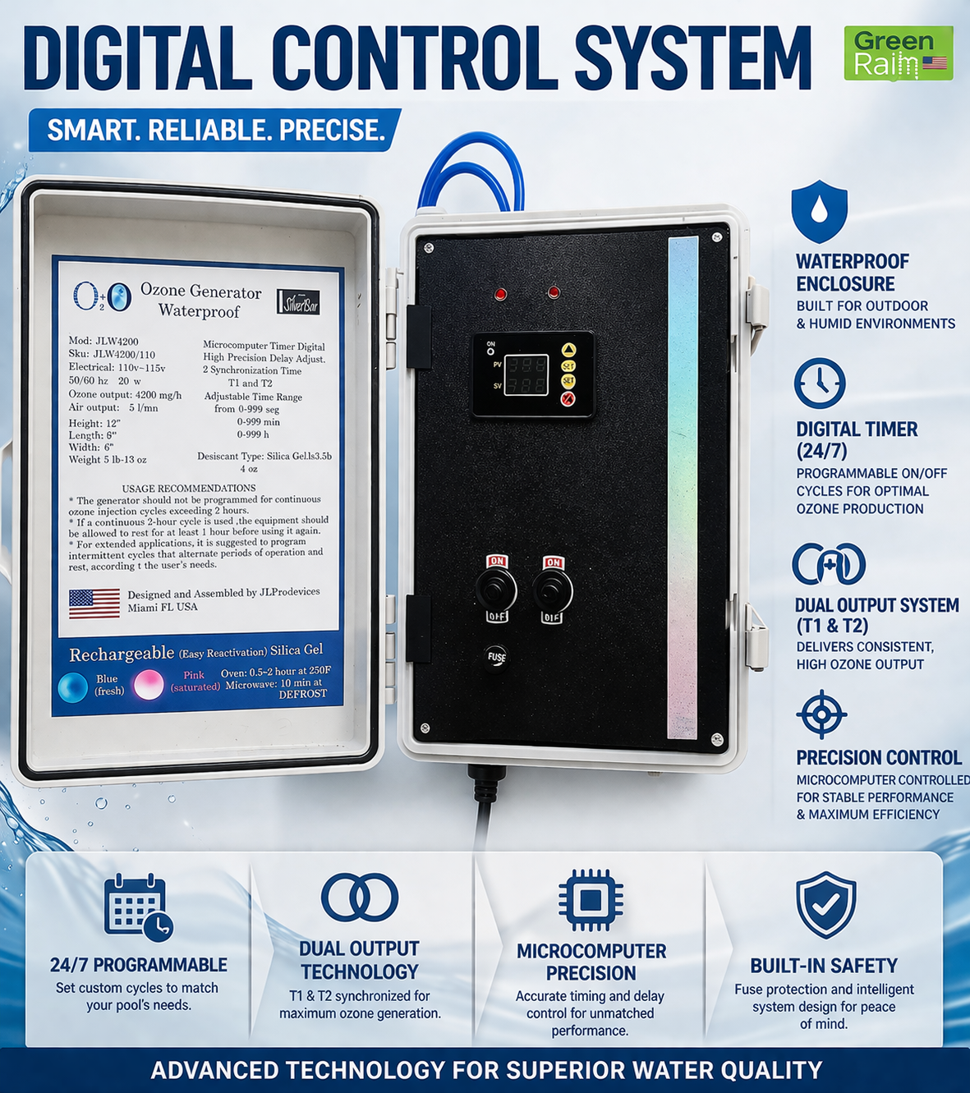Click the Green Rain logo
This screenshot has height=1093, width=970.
point(899,53)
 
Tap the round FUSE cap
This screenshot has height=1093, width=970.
point(496,657)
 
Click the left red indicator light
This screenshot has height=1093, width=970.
point(501,295)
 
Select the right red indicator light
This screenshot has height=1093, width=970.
point(554,292)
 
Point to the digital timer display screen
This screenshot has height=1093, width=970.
point(526,374)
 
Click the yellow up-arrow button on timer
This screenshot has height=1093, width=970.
point(568,350)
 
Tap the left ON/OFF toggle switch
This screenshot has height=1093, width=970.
point(496,589)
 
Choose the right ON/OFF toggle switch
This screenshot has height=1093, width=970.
point(553,589)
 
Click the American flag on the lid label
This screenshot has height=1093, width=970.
point(94,604)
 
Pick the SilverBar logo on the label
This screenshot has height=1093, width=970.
point(298,301)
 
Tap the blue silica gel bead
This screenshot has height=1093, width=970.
point(73,687)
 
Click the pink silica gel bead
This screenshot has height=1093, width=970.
point(149,684)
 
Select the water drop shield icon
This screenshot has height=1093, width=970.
point(819,211)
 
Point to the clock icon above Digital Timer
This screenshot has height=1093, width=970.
point(820,383)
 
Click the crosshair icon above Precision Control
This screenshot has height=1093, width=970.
point(821,714)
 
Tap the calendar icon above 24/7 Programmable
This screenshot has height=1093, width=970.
point(138,907)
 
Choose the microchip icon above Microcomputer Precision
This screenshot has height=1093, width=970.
point(591,900)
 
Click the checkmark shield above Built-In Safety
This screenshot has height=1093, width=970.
point(826,904)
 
